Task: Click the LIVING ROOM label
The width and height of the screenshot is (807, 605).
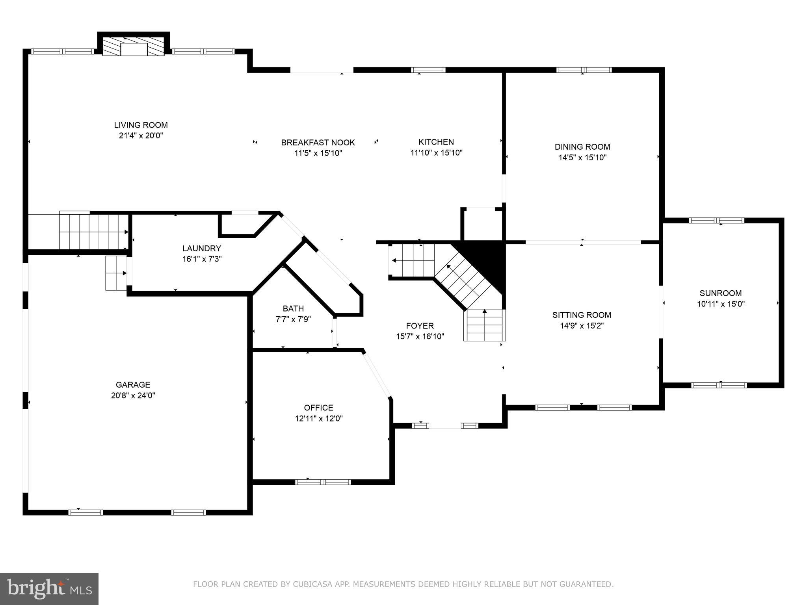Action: [141, 125]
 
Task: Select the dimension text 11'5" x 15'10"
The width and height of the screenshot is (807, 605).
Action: [318, 153]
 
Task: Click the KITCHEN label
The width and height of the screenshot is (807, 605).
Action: [436, 142]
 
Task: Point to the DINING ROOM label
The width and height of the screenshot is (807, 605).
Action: [582, 147]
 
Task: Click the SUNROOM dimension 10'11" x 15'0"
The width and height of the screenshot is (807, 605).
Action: [720, 304]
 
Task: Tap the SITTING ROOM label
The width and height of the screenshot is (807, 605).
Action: [582, 315]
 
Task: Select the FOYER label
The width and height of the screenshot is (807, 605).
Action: [420, 326]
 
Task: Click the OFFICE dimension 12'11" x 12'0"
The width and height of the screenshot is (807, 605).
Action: [318, 419]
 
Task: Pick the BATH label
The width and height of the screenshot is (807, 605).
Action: [293, 308]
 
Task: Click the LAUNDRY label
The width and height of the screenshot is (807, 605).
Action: [201, 249]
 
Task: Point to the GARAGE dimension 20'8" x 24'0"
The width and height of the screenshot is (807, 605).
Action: [133, 395]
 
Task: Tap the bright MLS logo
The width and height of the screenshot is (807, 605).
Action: [49, 588]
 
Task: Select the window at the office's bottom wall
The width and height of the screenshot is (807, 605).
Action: [323, 482]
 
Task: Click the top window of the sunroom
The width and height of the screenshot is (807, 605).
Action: [716, 221]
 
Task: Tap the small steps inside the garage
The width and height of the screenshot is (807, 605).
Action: [116, 273]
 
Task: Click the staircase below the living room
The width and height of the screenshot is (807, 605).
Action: [94, 232]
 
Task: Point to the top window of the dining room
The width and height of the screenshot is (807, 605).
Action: [584, 70]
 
